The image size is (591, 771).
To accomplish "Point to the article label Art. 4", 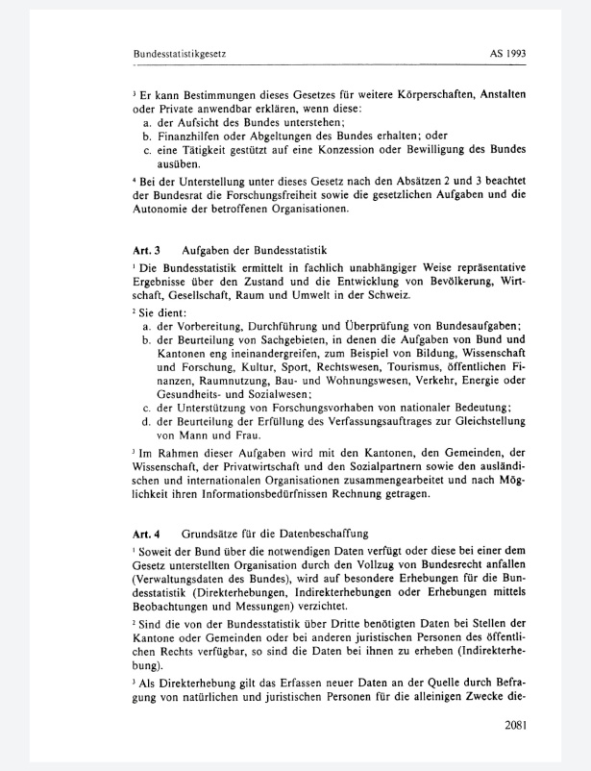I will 147,533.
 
